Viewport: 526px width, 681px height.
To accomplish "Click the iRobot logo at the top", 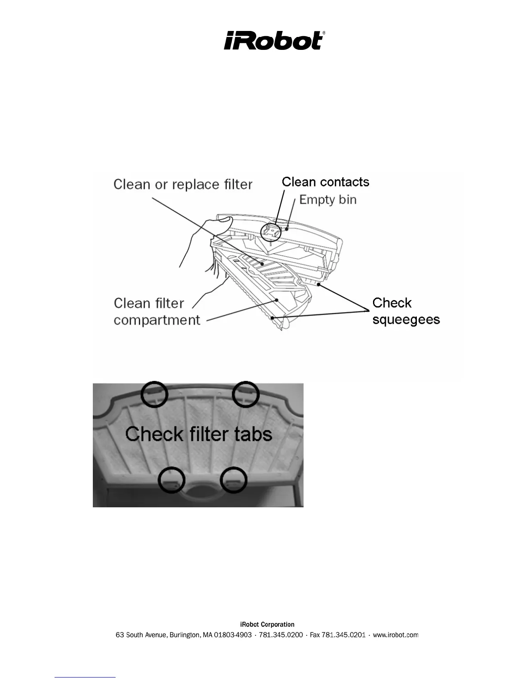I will click(274, 40).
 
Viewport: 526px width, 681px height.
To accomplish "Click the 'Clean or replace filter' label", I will click(183, 184).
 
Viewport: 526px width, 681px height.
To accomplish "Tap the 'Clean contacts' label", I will click(325, 182).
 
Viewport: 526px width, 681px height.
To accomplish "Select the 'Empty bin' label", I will click(328, 199).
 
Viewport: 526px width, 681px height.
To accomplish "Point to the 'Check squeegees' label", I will click(406, 311).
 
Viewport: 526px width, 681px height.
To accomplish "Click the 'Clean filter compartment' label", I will click(156, 311).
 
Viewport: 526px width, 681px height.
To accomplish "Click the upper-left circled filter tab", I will click(154, 394).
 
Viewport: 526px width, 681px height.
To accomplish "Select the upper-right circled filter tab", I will click(245, 393).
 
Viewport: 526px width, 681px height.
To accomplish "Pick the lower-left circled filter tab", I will click(172, 480).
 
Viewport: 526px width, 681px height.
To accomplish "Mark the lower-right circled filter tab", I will click(234, 479).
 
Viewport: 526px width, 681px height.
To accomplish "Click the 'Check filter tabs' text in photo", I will click(199, 433).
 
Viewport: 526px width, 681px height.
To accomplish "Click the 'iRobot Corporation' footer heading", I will click(267, 624).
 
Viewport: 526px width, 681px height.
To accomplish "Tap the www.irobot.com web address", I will click(395, 635).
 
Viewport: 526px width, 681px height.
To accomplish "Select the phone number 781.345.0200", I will click(281, 635).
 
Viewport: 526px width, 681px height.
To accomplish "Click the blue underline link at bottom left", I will click(85, 677).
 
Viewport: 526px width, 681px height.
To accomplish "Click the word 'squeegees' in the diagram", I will click(406, 320).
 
